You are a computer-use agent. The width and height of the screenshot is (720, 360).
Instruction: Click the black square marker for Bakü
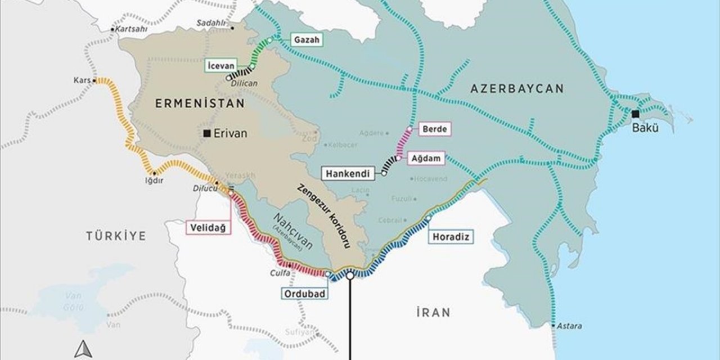[636, 114]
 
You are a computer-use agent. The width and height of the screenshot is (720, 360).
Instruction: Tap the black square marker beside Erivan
[208, 133]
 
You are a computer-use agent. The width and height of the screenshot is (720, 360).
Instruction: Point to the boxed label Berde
[435, 129]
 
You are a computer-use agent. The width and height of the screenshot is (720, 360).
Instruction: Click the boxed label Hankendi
[349, 174]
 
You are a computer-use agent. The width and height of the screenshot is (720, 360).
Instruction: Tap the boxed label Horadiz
[451, 237]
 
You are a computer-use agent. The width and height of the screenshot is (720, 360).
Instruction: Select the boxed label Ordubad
[302, 294]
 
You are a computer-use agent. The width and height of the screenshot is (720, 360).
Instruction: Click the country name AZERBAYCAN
[517, 88]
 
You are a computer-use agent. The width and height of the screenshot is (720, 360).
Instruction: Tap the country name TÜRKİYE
[115, 236]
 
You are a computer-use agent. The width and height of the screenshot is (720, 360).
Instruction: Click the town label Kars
[82, 80]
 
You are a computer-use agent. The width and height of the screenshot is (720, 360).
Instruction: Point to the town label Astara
[570, 326]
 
